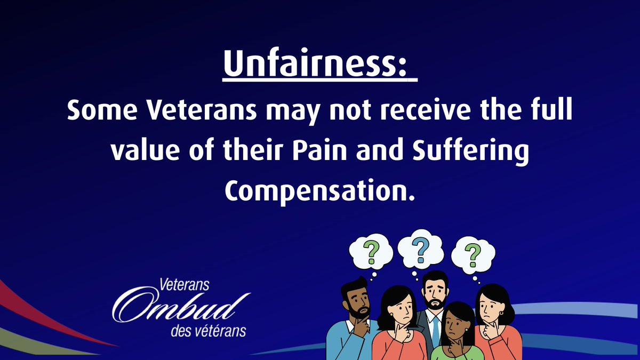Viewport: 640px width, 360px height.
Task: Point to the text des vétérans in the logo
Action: (208, 331)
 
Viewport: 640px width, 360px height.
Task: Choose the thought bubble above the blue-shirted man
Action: (371, 251)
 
